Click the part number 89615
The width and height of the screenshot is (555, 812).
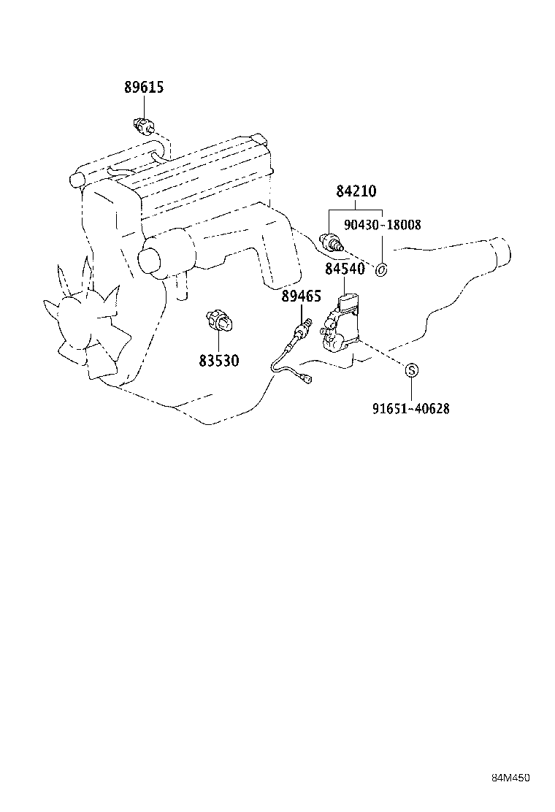tap(143, 88)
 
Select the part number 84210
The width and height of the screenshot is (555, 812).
tap(356, 192)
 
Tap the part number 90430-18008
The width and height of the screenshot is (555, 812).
tap(384, 225)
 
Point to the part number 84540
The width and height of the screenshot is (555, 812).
tap(345, 269)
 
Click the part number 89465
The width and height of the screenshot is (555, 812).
tap(302, 296)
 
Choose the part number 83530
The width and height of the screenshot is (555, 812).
tap(218, 361)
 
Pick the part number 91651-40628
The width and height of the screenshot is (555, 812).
tap(410, 409)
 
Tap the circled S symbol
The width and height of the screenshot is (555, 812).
tap(411, 370)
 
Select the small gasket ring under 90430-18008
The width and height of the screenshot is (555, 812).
tap(380, 271)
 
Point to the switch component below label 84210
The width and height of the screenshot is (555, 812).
tap(332, 242)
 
